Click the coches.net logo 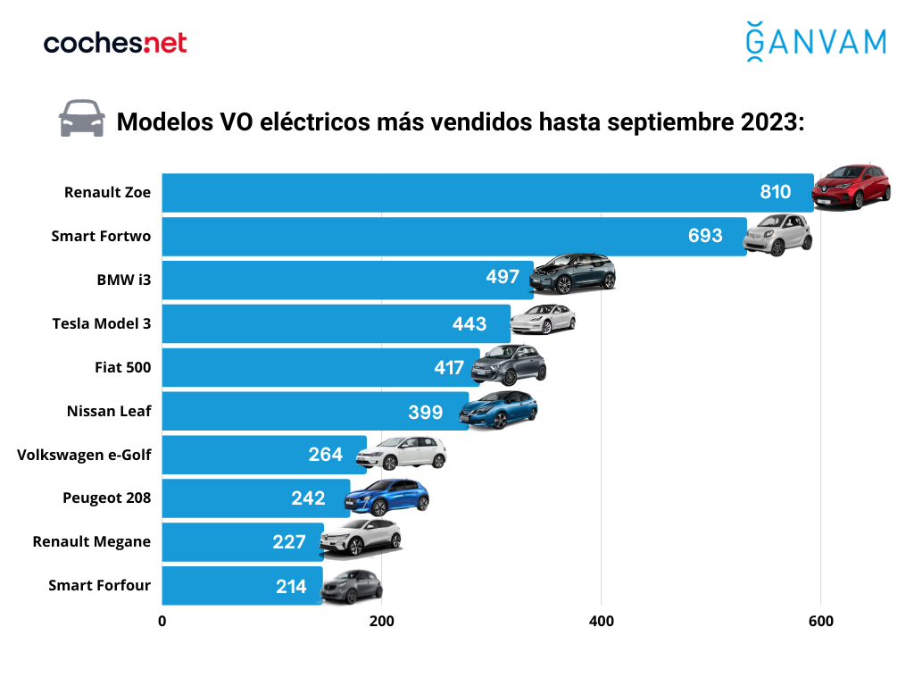[x=115, y=42]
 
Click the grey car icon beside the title [x=81, y=119]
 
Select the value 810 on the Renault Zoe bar [x=776, y=192]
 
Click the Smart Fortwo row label [x=100, y=236]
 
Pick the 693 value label [x=705, y=236]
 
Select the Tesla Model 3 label [x=102, y=323]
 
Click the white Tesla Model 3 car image [x=542, y=318]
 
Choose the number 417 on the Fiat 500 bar [x=449, y=367]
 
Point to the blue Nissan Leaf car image [x=498, y=410]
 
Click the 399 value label [x=426, y=411]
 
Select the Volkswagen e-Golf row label [x=84, y=455]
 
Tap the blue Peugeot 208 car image [x=387, y=498]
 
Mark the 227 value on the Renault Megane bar [x=290, y=542]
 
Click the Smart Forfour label [x=99, y=585]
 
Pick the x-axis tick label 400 [x=601, y=622]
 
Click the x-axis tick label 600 [x=820, y=622]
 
